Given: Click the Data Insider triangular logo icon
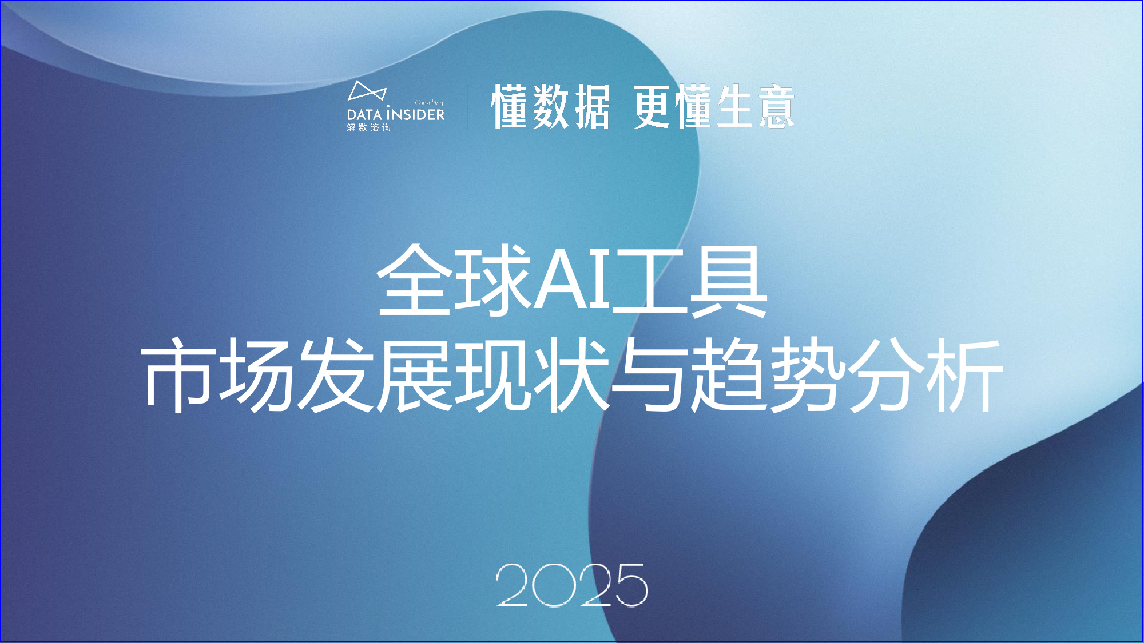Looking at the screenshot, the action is pyautogui.click(x=367, y=91).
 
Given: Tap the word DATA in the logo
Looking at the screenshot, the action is pyautogui.click(x=364, y=114).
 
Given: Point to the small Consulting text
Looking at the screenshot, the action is pyautogui.click(x=429, y=103).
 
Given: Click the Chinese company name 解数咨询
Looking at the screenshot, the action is pyautogui.click(x=369, y=127).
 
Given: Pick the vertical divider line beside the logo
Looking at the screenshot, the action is pyautogui.click(x=468, y=107).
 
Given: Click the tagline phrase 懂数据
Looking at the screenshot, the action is pyautogui.click(x=550, y=107).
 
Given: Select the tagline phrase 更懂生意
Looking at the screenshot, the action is pyautogui.click(x=714, y=107).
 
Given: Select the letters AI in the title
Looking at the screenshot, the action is pyautogui.click(x=571, y=280).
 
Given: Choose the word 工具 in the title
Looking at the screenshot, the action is pyautogui.click(x=689, y=280).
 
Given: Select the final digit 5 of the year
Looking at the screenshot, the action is pyautogui.click(x=629, y=585).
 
